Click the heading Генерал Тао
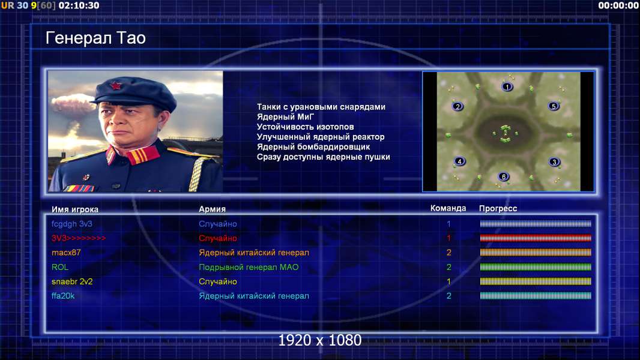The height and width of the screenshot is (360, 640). (x=95, y=38)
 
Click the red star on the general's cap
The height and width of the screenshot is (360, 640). (x=116, y=86)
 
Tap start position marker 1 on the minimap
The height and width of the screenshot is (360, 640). (x=507, y=86)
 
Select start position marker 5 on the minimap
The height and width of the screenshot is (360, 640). (x=554, y=106)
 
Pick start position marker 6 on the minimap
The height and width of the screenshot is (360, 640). (x=504, y=176)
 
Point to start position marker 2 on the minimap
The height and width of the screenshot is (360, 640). (x=457, y=106)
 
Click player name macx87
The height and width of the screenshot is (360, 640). (x=66, y=253)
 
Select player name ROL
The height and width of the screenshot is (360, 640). (x=60, y=267)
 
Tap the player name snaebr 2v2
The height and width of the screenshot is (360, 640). (x=72, y=281)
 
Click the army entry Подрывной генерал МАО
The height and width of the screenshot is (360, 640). (x=249, y=267)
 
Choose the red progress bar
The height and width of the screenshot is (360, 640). (x=536, y=238)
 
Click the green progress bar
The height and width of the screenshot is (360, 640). (x=536, y=267)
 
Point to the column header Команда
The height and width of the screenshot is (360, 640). (x=448, y=208)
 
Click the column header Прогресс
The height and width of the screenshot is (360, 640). (x=498, y=208)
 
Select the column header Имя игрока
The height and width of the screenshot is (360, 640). (x=75, y=209)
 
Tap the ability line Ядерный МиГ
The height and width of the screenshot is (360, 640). (x=285, y=116)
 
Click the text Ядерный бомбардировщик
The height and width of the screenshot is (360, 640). (x=313, y=147)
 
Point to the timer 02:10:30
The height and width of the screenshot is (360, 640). (x=79, y=5)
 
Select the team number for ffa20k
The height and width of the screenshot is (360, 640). (x=448, y=296)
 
